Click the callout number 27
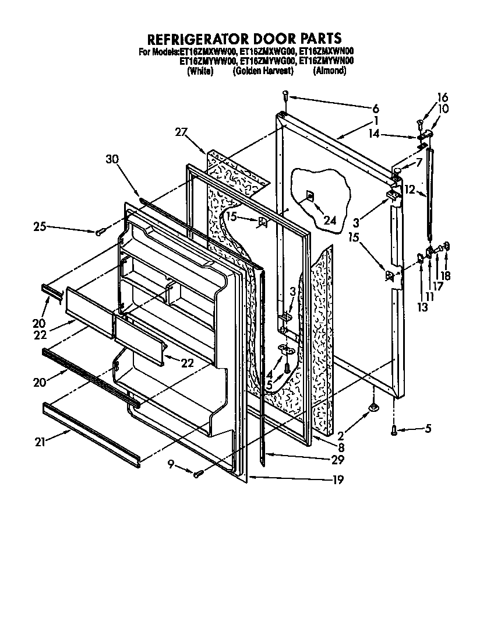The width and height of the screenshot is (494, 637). [181, 132]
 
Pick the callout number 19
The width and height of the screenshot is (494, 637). [337, 480]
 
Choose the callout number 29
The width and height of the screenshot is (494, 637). [337, 460]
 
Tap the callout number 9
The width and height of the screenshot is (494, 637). [171, 465]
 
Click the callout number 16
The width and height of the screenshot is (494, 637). [443, 97]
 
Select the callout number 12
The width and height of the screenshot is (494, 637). [410, 190]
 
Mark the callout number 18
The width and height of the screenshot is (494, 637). [446, 276]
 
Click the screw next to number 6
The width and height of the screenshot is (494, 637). [285, 94]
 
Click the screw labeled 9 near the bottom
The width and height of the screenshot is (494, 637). [199, 473]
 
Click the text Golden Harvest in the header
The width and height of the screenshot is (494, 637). [262, 71]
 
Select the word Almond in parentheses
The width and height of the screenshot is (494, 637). [330, 71]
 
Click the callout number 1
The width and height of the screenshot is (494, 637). [376, 121]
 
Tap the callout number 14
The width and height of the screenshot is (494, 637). [391, 134]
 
